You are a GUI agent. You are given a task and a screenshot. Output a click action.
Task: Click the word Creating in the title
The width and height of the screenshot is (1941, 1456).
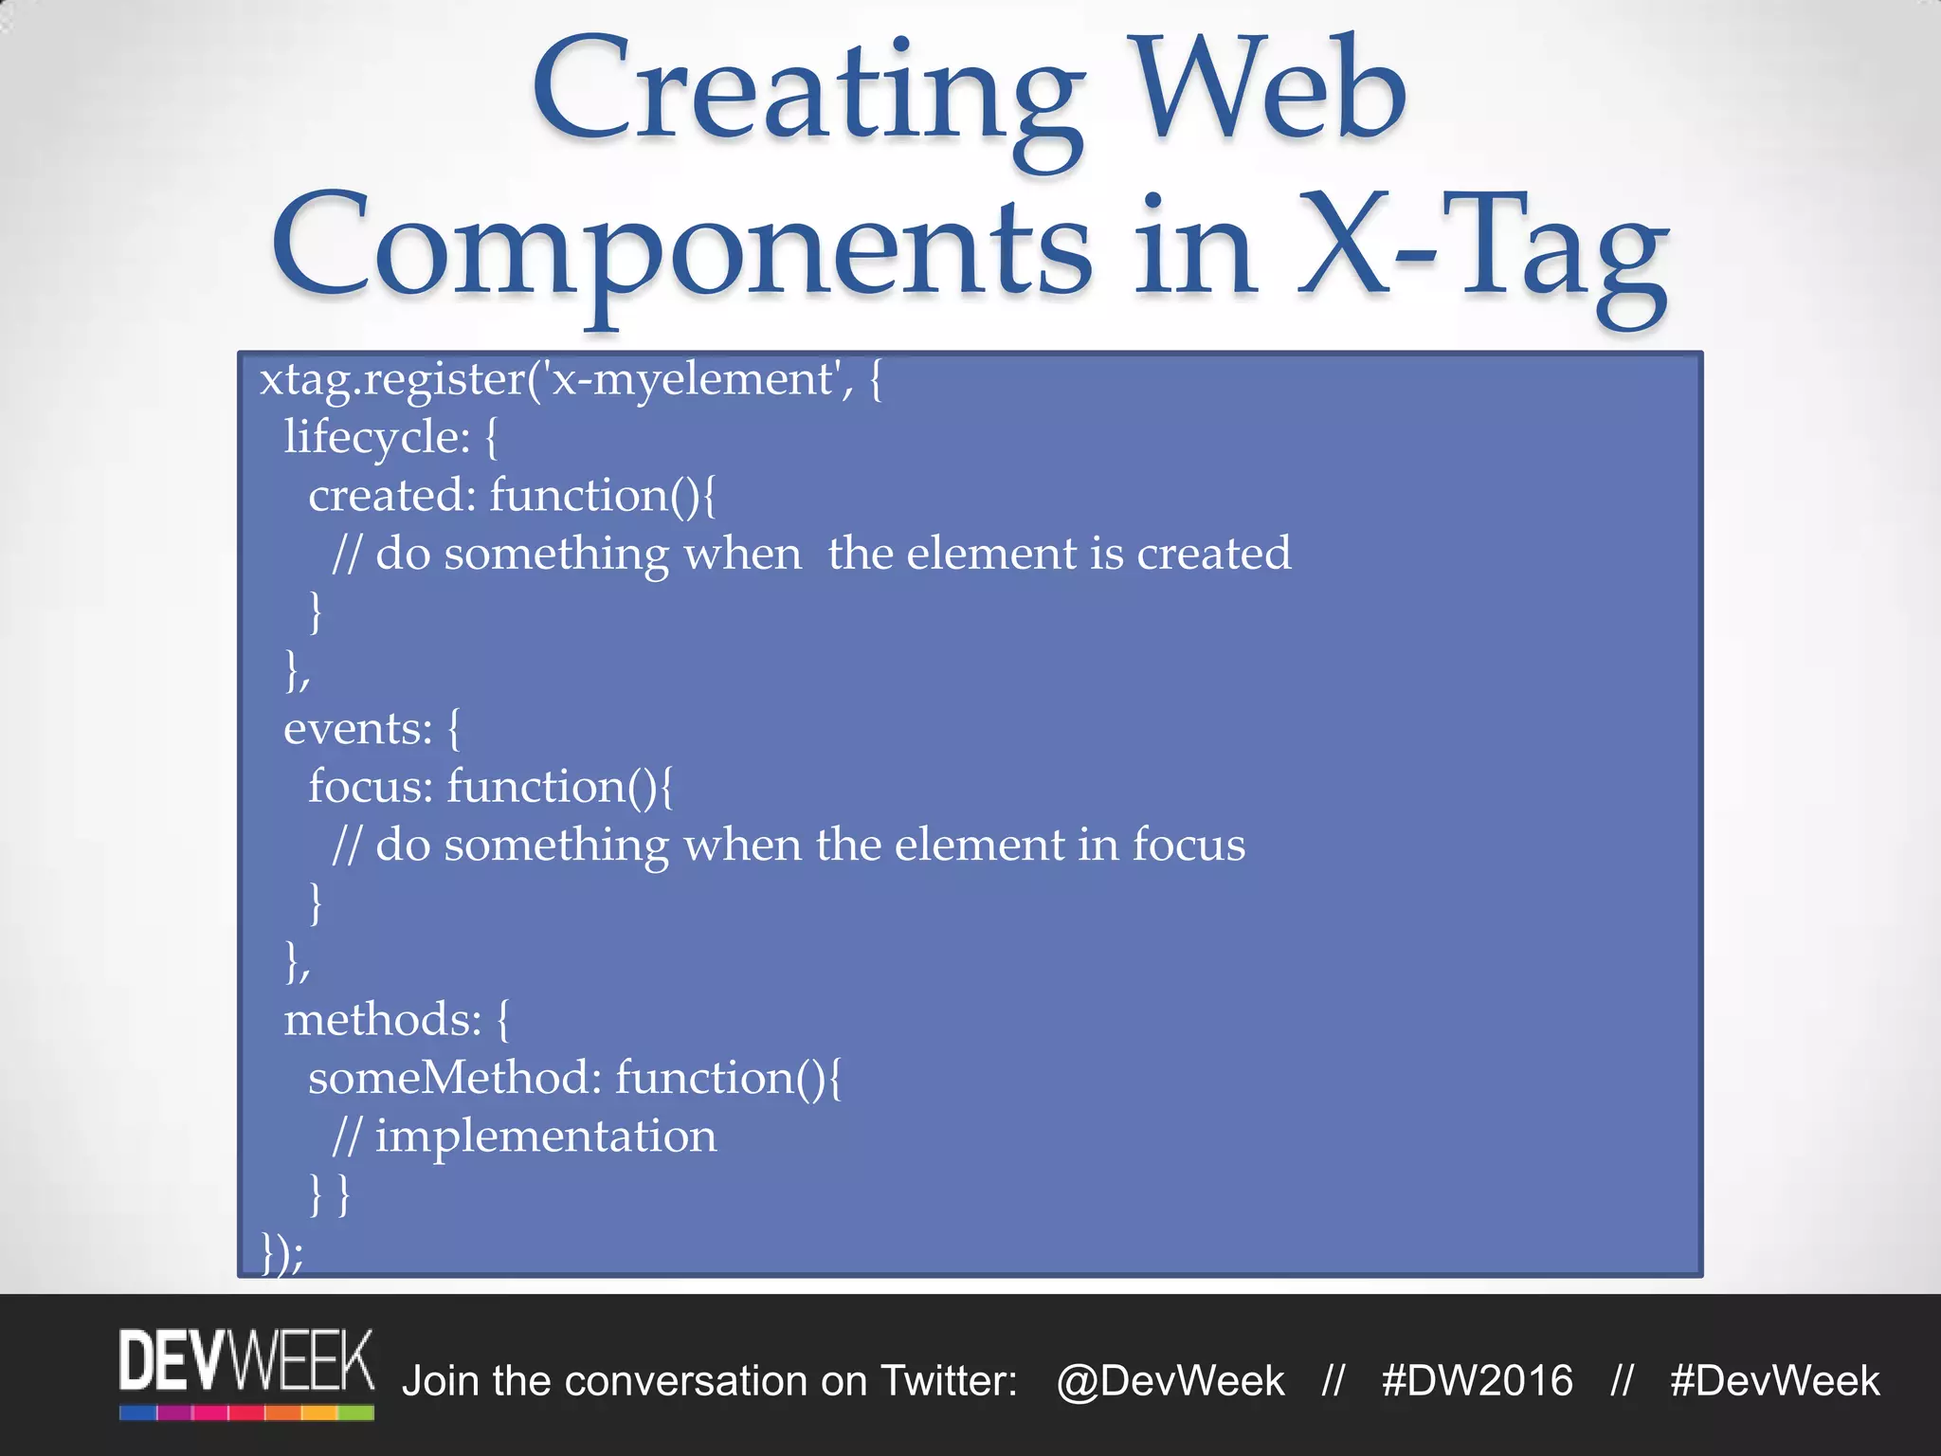[x=806, y=95]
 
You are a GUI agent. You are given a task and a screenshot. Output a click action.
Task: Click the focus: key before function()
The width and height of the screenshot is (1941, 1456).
[x=370, y=787]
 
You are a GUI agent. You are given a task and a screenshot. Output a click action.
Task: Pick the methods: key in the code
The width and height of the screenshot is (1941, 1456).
[x=383, y=1020]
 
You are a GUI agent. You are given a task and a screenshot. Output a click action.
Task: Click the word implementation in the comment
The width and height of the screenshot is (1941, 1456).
[x=546, y=1136]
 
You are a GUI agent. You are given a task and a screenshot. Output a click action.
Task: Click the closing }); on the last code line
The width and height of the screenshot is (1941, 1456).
[x=282, y=1253]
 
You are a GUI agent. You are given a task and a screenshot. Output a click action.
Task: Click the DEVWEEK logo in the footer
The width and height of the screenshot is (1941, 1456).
[x=246, y=1361]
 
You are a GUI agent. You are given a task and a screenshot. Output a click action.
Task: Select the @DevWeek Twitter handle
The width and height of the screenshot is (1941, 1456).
[x=1170, y=1381]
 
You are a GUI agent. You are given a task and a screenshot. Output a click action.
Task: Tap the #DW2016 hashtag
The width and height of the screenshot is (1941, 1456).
[x=1477, y=1381]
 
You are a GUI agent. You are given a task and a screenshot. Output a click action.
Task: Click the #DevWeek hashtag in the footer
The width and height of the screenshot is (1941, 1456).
[x=1774, y=1381]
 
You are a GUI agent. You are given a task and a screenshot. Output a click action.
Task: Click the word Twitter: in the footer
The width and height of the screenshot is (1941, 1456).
[x=949, y=1381]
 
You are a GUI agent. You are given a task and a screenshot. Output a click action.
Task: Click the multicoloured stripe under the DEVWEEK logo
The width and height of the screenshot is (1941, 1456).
[x=246, y=1413]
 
